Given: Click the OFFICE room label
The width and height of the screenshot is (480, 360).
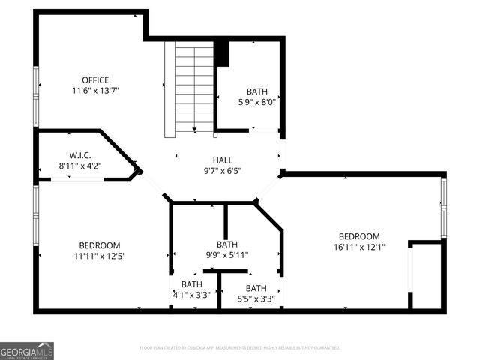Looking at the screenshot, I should (x=95, y=80).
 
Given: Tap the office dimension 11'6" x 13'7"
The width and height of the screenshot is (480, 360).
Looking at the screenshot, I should (x=95, y=91).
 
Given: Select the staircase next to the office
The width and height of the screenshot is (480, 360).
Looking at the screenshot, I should (x=193, y=88).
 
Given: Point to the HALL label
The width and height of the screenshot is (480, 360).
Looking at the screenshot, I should (x=223, y=160).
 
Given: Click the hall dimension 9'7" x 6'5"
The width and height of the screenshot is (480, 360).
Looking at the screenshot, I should (x=223, y=170).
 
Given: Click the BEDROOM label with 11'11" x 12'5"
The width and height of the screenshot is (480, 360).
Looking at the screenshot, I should (x=100, y=245).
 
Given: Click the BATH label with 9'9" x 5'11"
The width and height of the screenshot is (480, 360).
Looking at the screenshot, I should (x=227, y=244).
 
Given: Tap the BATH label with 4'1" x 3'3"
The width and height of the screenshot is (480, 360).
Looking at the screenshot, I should (x=191, y=284).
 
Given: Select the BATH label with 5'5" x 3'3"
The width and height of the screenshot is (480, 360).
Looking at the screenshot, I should (x=256, y=288).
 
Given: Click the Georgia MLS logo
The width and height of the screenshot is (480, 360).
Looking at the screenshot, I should (x=27, y=350).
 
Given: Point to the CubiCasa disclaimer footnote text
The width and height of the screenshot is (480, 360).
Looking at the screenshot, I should (x=240, y=348).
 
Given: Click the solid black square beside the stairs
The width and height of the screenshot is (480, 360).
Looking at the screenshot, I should (x=221, y=54).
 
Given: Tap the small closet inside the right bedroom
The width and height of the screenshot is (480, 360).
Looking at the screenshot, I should (x=426, y=275).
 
